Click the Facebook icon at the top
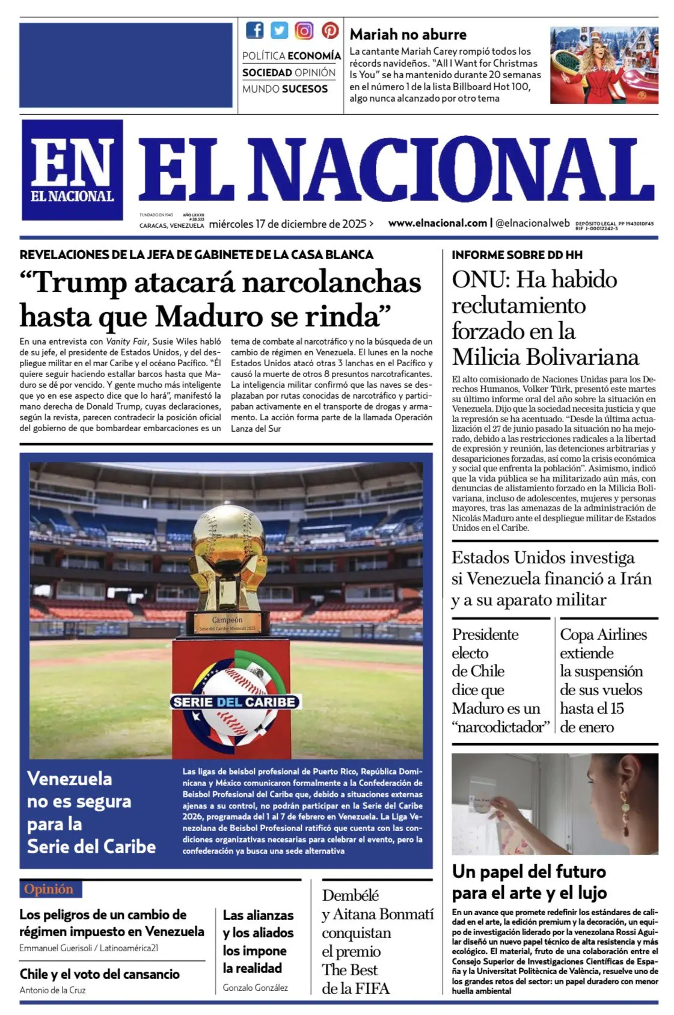pyautogui.click(x=255, y=30)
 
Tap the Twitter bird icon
pyautogui.click(x=279, y=30)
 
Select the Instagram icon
pyautogui.click(x=304, y=30)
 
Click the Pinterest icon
pyautogui.click(x=329, y=30)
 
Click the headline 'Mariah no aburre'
pyautogui.click(x=408, y=34)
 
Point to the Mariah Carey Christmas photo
pyautogui.click(x=604, y=65)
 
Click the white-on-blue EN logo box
pyautogui.click(x=72, y=170)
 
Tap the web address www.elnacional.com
pyautogui.click(x=437, y=223)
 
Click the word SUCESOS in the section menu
pyautogui.click(x=305, y=89)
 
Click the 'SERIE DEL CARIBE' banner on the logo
pyautogui.click(x=234, y=702)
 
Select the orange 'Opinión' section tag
pyautogui.click(x=49, y=889)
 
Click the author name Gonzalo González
pyautogui.click(x=255, y=987)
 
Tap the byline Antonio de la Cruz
pyautogui.click(x=52, y=990)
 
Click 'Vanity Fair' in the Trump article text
pyautogui.click(x=127, y=342)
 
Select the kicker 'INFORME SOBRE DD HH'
pyautogui.click(x=517, y=255)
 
